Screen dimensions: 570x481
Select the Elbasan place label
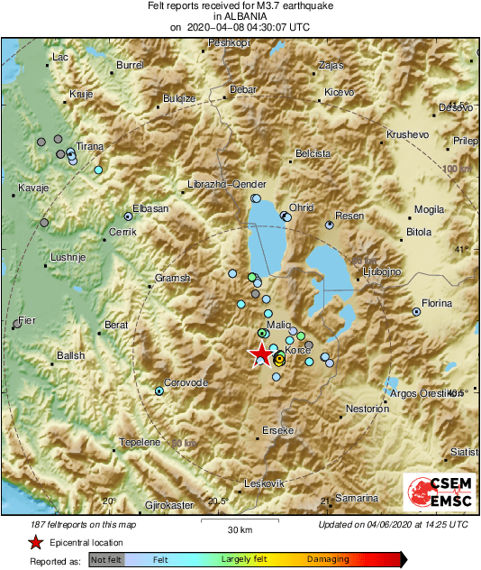point(150,208)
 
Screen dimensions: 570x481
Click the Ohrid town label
point(301,207)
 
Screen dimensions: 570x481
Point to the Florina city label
point(437,304)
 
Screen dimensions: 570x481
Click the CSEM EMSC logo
point(439,497)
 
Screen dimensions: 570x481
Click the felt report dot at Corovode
point(159,391)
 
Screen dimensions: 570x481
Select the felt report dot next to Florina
point(416,311)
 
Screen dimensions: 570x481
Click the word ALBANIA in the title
point(240,16)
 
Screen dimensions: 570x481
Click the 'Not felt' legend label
point(106,560)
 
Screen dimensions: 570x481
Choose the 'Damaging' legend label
point(328,560)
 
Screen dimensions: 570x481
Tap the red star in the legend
point(34,542)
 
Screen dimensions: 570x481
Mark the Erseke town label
point(278,431)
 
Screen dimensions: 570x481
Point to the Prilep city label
point(465,141)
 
